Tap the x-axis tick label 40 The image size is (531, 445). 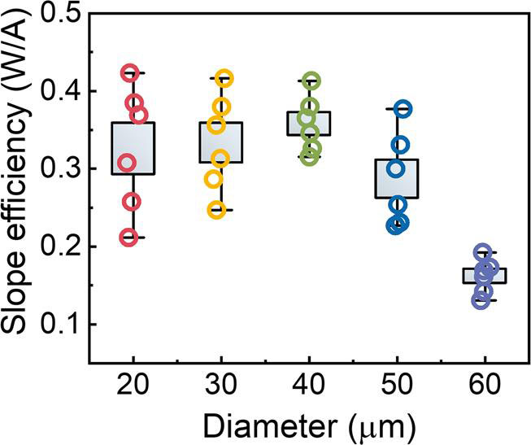click(x=309, y=385)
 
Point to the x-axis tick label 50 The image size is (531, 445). click(x=398, y=385)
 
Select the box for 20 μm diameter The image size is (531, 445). click(x=133, y=148)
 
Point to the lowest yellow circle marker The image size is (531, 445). click(x=217, y=210)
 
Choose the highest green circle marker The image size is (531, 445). click(x=311, y=81)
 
